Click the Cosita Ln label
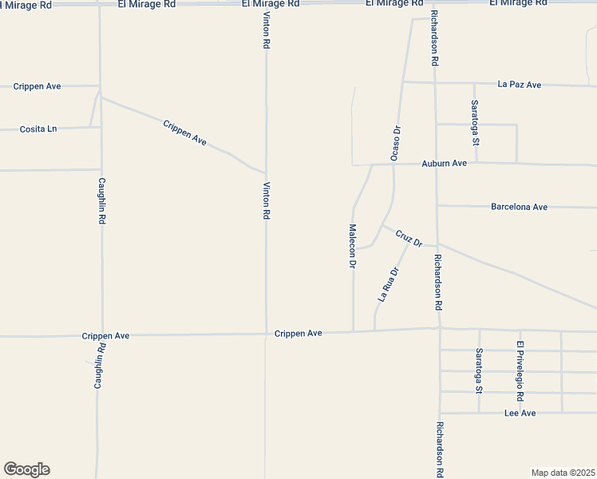click(x=38, y=129)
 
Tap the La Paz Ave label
click(x=519, y=84)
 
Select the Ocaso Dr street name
click(x=394, y=144)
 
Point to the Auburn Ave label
click(x=444, y=164)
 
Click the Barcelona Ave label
click(x=519, y=207)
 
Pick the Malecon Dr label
click(x=351, y=246)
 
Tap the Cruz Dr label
click(x=408, y=238)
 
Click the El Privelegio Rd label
click(x=520, y=370)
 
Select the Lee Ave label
click(x=520, y=413)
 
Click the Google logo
click(x=26, y=469)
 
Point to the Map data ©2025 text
click(x=563, y=473)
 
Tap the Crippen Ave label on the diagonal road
click(x=184, y=133)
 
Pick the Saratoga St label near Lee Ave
click(x=479, y=371)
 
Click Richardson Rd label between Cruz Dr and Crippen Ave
click(x=437, y=282)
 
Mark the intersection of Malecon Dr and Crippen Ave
click(x=353, y=331)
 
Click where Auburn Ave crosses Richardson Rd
click(x=436, y=164)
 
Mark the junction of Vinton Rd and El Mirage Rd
click(x=266, y=5)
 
